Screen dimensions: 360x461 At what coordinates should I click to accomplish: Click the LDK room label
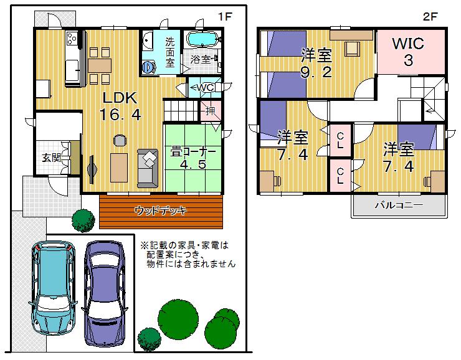[120, 98]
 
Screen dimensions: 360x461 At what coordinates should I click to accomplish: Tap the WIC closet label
[408, 44]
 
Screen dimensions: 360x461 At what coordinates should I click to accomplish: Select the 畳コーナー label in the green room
[193, 151]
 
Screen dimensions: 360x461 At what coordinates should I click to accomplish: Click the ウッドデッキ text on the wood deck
[160, 211]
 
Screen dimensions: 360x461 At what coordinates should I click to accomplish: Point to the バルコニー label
[399, 205]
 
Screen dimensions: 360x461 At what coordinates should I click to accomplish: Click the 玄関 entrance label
[51, 157]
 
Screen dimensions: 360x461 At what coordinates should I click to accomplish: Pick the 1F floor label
[224, 17]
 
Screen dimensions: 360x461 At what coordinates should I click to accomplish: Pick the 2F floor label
[430, 17]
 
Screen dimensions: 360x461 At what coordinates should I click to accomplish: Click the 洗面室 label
[170, 53]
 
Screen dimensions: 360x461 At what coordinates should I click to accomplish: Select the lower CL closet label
[340, 175]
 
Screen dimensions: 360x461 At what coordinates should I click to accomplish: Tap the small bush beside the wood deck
[82, 219]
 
